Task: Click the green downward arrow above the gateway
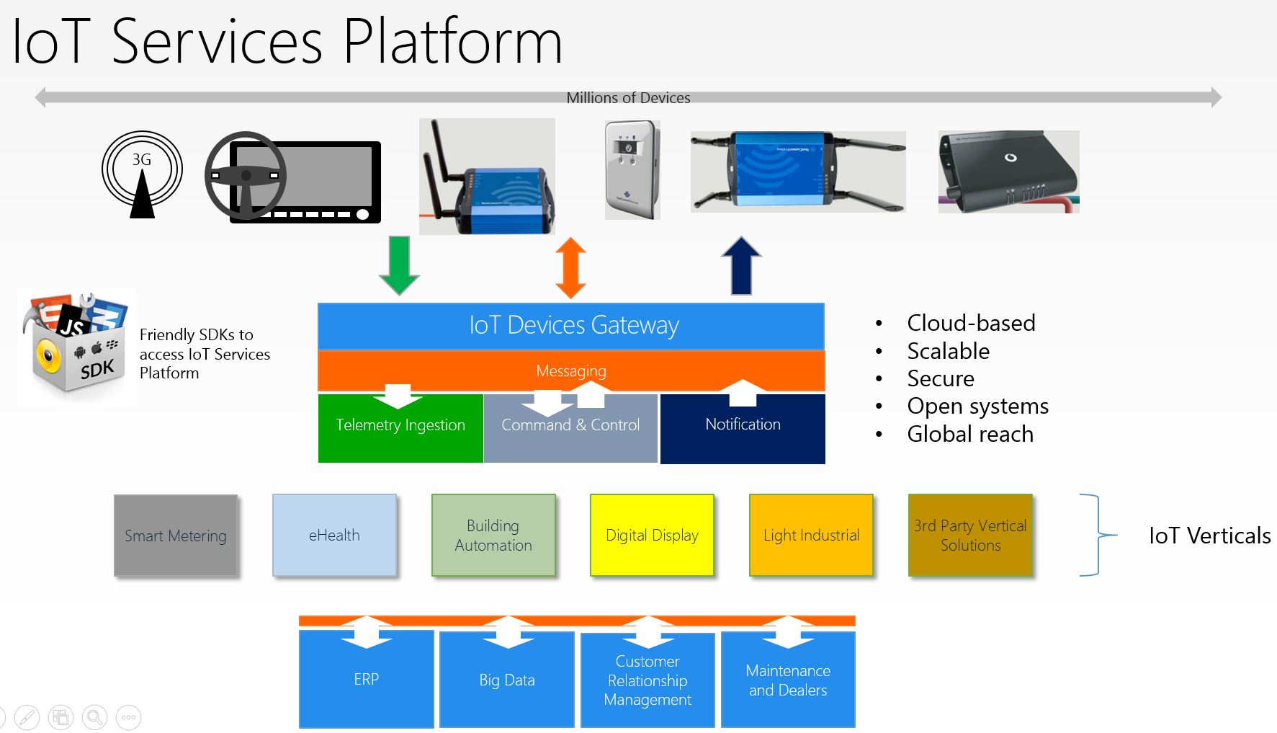coord(399,265)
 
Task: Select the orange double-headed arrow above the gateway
coord(570,268)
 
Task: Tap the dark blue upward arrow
coord(741,265)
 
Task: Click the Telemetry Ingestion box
coord(400,428)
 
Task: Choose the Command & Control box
coord(570,428)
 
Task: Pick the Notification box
coord(743,428)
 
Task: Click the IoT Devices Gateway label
coord(574,325)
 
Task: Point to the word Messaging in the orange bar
coord(571,371)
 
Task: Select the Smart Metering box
coord(176,536)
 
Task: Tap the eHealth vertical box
coord(334,535)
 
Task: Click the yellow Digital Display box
coord(652,535)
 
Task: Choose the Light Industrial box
coord(811,535)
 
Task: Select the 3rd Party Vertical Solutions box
coord(970,535)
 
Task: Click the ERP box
coord(366,679)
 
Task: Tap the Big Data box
coord(507,679)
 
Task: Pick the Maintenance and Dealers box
coord(788,679)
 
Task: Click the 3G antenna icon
coord(142,174)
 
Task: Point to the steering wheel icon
coord(246,175)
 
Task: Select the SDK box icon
coord(76,347)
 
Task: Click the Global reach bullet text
coord(970,434)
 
